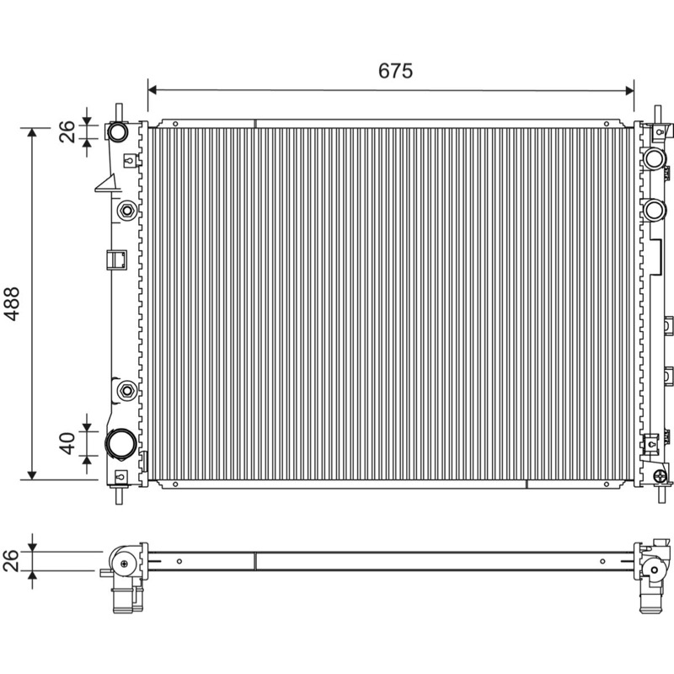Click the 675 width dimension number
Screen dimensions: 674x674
coord(395,71)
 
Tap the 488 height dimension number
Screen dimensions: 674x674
coord(12,303)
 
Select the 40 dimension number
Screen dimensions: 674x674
coord(67,444)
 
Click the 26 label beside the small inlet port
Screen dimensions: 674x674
coord(67,131)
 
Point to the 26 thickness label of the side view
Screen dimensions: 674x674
coord(11,560)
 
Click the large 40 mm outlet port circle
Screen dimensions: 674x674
coord(121,444)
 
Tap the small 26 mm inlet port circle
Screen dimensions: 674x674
coord(117,132)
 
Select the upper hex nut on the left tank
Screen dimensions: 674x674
coord(127,211)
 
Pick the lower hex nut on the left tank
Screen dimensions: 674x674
coord(127,391)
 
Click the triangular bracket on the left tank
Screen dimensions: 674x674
coord(107,184)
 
